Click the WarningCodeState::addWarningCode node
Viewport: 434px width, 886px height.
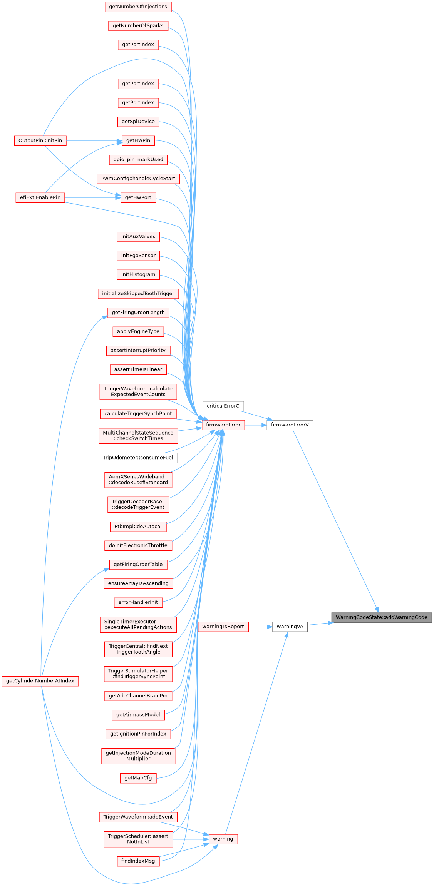[381, 617]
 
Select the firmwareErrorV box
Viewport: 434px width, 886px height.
[290, 425]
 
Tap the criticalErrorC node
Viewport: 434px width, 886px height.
[223, 406]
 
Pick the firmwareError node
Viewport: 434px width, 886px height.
[223, 425]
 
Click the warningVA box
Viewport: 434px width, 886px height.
[290, 627]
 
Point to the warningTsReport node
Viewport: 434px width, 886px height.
[223, 627]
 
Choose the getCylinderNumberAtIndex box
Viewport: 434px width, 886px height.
[40, 681]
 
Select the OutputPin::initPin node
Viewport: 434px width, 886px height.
[40, 140]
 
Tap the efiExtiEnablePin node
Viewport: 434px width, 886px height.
[40, 197]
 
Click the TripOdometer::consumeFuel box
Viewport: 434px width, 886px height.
[138, 458]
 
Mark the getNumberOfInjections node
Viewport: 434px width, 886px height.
[138, 7]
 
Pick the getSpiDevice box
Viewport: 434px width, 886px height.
[138, 122]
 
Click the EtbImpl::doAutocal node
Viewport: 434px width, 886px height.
[138, 527]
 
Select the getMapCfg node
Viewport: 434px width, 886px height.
[138, 778]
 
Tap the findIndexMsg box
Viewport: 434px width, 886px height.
[138, 861]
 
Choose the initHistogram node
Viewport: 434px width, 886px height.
[138, 274]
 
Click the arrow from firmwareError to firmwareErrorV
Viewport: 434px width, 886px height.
[255, 425]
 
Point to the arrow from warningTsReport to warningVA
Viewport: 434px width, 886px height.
[260, 627]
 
